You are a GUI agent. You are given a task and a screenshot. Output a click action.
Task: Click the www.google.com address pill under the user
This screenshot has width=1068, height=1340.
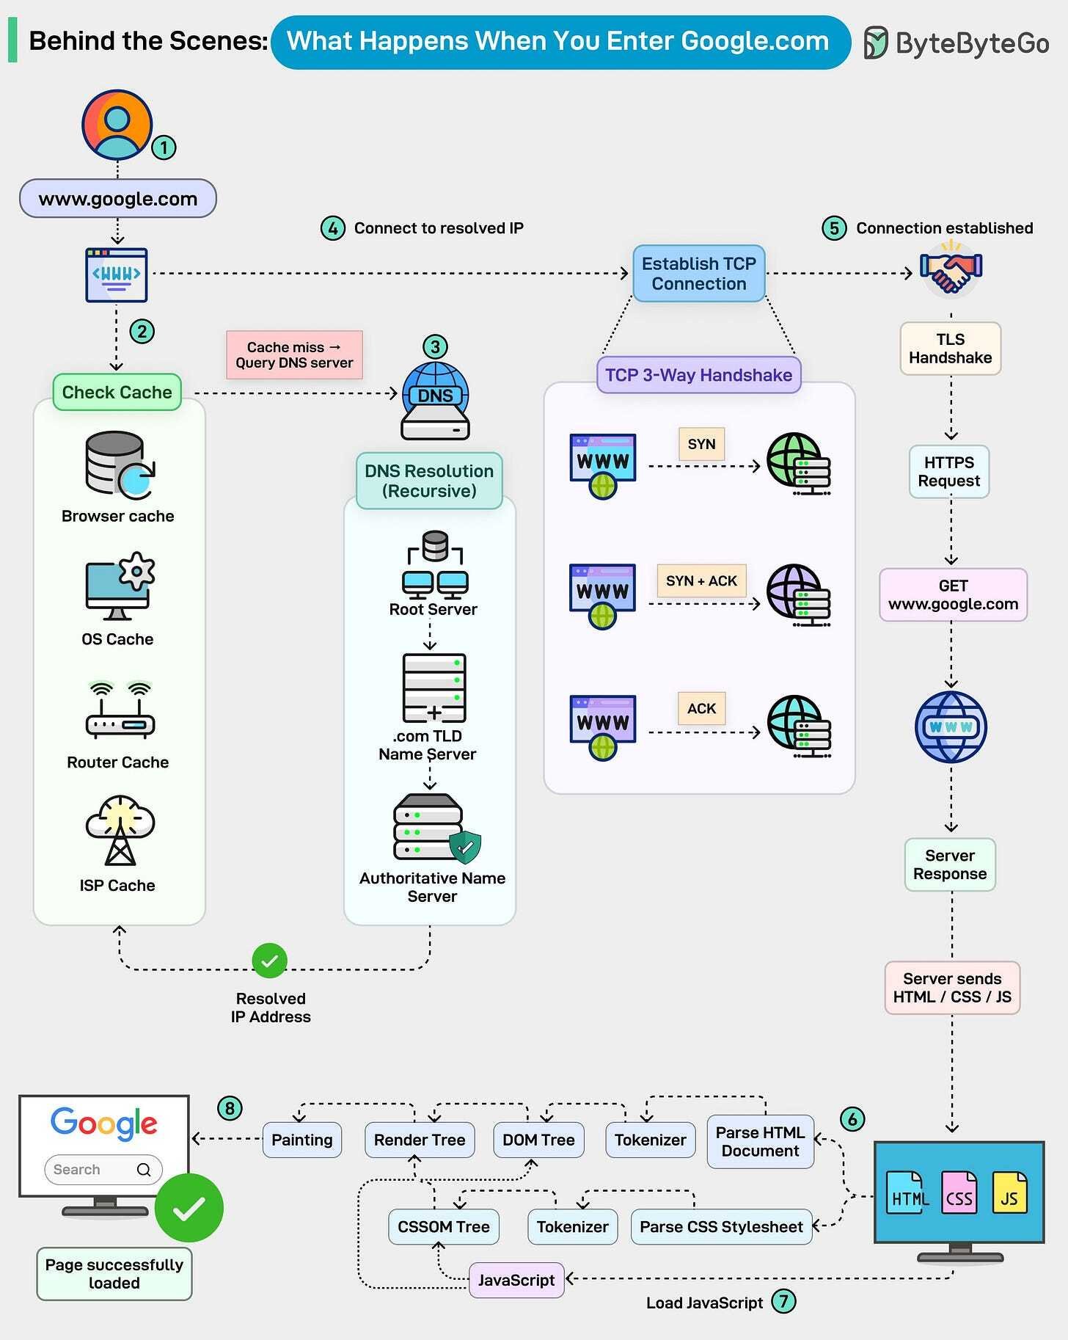[x=117, y=199]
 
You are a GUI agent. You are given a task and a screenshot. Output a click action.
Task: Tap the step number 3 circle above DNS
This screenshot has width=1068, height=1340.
[x=435, y=346]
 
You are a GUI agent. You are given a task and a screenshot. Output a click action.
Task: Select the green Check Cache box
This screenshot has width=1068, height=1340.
[x=117, y=392]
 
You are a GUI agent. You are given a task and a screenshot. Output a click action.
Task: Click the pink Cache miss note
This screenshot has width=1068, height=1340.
[x=294, y=354]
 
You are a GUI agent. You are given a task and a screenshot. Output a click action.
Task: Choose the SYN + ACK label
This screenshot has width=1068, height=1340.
[x=701, y=580]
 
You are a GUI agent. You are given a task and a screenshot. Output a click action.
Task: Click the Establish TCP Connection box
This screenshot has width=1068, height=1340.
[x=698, y=274]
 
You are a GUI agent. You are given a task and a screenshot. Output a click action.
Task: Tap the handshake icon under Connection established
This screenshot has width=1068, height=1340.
[x=951, y=272]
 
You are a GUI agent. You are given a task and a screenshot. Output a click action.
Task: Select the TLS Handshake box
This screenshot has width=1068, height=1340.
[x=950, y=349]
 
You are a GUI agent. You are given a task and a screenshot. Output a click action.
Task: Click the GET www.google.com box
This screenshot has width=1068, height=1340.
[x=953, y=595]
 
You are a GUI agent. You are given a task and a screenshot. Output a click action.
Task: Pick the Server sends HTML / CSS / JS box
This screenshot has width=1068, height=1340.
[x=951, y=988]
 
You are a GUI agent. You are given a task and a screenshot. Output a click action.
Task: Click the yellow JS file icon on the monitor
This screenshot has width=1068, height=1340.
[x=1009, y=1192]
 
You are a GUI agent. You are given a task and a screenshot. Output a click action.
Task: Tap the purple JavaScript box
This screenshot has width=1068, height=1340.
[x=516, y=1280]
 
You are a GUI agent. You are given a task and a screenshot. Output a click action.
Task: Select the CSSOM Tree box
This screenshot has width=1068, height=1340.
[x=443, y=1227]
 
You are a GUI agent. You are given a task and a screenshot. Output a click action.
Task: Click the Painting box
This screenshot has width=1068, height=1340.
[x=301, y=1140]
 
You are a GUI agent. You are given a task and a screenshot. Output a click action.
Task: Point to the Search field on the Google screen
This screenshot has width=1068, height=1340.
[x=103, y=1170]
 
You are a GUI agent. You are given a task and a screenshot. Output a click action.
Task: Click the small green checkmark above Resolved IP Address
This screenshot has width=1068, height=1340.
[x=269, y=961]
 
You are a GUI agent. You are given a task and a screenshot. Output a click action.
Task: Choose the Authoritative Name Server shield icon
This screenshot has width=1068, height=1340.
[x=465, y=847]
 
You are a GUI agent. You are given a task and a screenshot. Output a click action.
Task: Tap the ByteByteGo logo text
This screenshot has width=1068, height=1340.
[x=971, y=43]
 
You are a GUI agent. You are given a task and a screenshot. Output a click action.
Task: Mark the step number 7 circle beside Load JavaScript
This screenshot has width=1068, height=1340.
[x=783, y=1301]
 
